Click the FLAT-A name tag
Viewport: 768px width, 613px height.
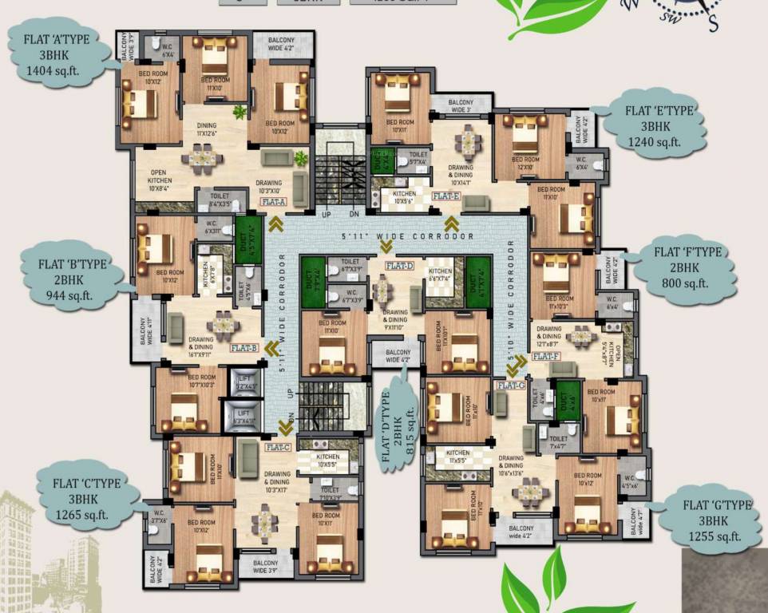coord(273,203)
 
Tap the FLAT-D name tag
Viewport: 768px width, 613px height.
coord(399,265)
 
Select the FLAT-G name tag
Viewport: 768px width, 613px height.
coord(510,386)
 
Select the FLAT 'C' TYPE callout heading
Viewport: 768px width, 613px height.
coord(87,483)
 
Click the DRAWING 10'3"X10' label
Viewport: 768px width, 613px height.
coord(268,187)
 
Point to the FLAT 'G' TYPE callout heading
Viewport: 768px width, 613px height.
coord(718,504)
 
